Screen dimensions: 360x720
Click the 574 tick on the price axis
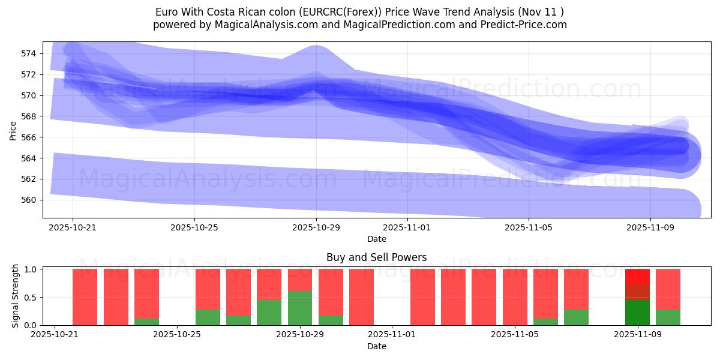click(29, 53)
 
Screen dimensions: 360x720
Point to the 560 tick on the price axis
click(29, 200)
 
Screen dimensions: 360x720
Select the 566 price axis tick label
click(29, 137)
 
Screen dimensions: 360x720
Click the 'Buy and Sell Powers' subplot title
click(376, 257)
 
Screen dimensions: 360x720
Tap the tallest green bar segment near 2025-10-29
click(300, 308)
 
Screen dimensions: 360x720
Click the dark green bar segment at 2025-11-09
click(637, 313)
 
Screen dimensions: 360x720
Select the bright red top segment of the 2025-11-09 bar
click(637, 277)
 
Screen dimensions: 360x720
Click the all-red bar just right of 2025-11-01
click(422, 297)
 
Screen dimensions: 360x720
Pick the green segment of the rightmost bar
click(668, 317)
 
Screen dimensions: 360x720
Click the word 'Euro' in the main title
click(166, 12)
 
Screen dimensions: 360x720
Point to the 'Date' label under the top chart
click(376, 239)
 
